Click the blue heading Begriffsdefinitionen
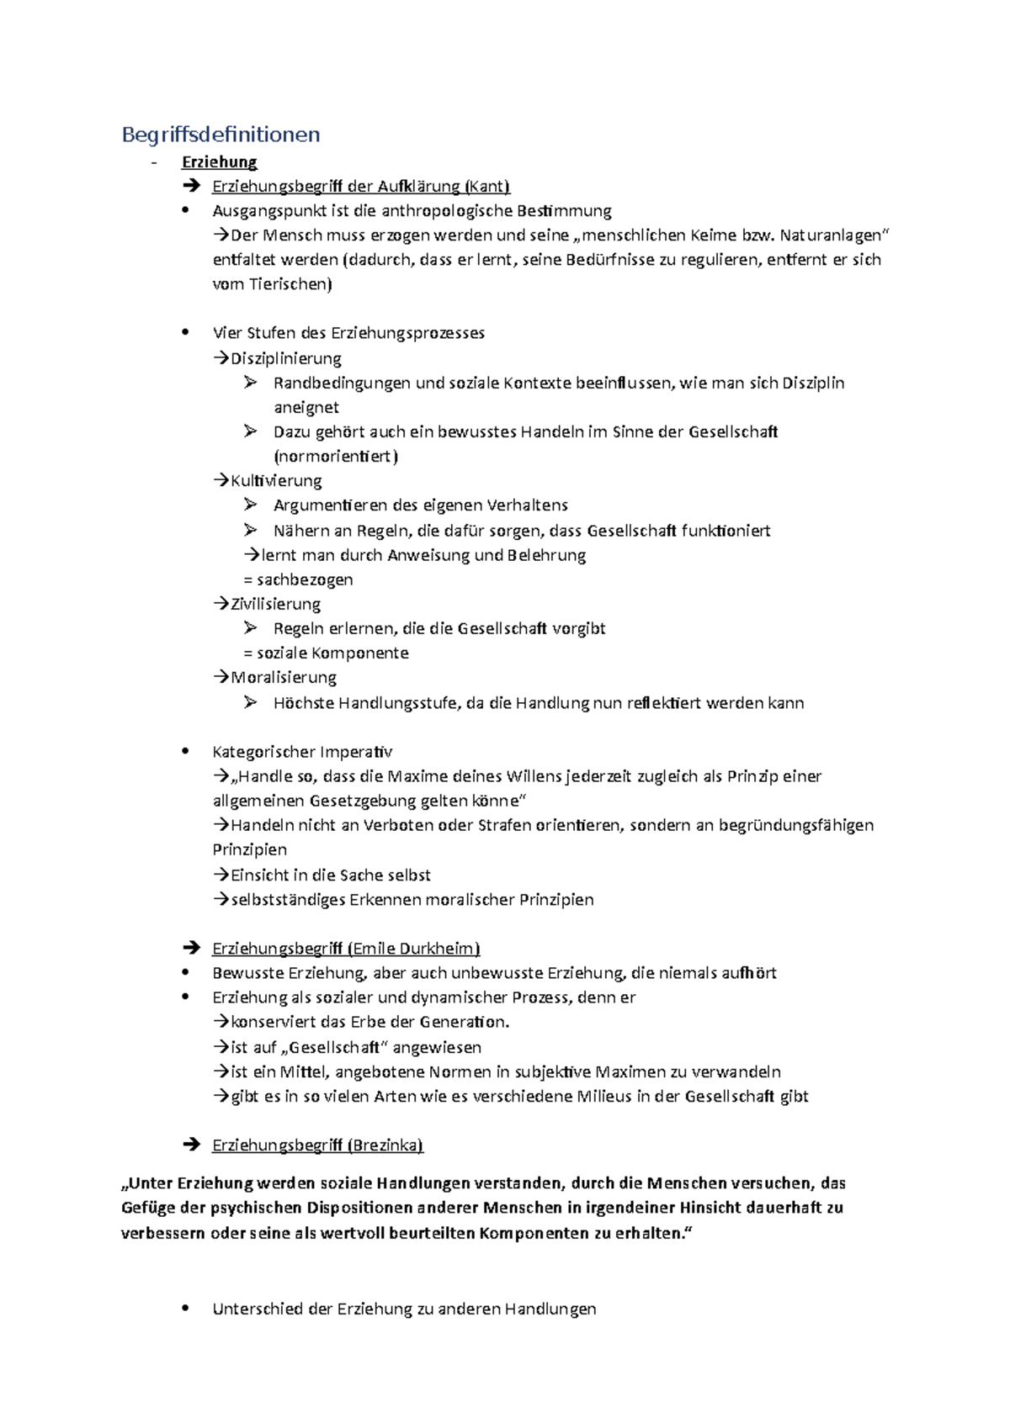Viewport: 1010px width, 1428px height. coord(221,135)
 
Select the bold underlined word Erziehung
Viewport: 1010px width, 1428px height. coord(219,161)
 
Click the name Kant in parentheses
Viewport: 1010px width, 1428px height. coord(488,186)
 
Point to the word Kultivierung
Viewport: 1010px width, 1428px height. coord(276,481)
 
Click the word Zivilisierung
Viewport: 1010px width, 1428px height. coord(275,604)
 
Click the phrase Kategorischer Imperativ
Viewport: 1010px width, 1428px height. coord(302,752)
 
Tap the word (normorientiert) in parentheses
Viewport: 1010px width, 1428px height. coord(336,457)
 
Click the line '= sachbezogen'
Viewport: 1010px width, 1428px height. coord(298,579)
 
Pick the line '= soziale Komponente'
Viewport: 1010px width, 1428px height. coord(326,653)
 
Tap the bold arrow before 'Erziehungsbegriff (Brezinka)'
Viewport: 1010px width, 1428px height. coord(191,1145)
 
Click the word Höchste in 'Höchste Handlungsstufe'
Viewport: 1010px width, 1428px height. coord(303,703)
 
